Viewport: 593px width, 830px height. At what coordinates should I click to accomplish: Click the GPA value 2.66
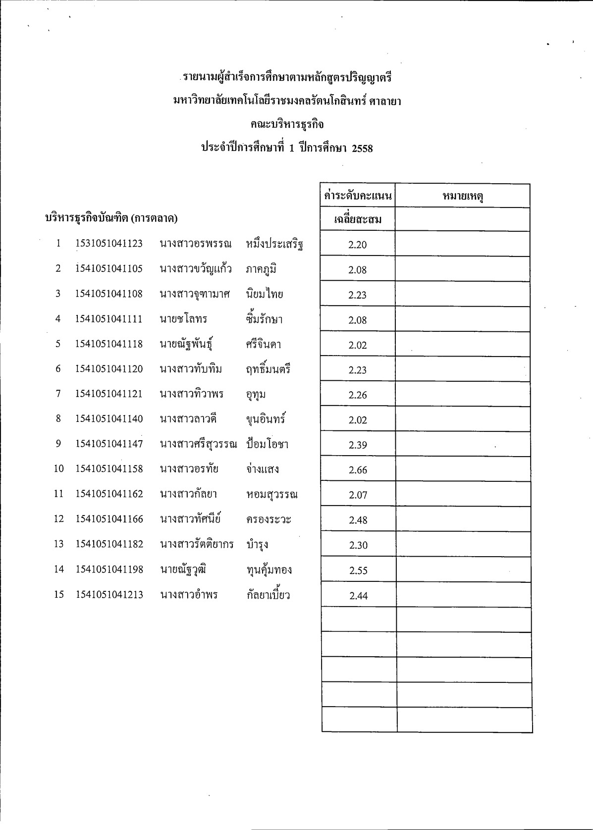tap(358, 470)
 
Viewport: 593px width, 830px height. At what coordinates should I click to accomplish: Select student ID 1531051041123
tap(109, 244)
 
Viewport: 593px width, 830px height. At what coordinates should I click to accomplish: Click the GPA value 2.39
tap(358, 445)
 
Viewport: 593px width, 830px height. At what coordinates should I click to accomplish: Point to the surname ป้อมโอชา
tap(267, 444)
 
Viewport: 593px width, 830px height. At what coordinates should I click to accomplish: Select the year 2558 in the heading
tap(362, 149)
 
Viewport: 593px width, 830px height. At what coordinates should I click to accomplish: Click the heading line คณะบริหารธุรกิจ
tap(287, 124)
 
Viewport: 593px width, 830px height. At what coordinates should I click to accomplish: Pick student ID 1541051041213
tap(109, 595)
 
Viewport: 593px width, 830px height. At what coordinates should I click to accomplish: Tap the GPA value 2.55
tap(358, 571)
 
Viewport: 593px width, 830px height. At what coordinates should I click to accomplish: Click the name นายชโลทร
tap(183, 319)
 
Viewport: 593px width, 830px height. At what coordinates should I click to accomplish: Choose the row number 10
tap(59, 469)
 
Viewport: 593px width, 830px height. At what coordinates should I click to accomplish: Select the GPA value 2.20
tap(358, 245)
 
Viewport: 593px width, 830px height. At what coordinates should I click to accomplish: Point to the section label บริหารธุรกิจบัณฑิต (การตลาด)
tap(111, 218)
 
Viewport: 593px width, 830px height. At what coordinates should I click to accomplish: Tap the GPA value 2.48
tap(358, 520)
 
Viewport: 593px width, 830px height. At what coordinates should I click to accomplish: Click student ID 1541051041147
tap(109, 444)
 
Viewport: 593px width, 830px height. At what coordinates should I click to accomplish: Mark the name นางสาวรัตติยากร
tap(197, 544)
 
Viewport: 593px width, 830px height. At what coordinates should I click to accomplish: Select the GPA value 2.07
tap(358, 495)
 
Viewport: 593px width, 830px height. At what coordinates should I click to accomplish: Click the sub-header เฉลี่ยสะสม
tap(358, 219)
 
